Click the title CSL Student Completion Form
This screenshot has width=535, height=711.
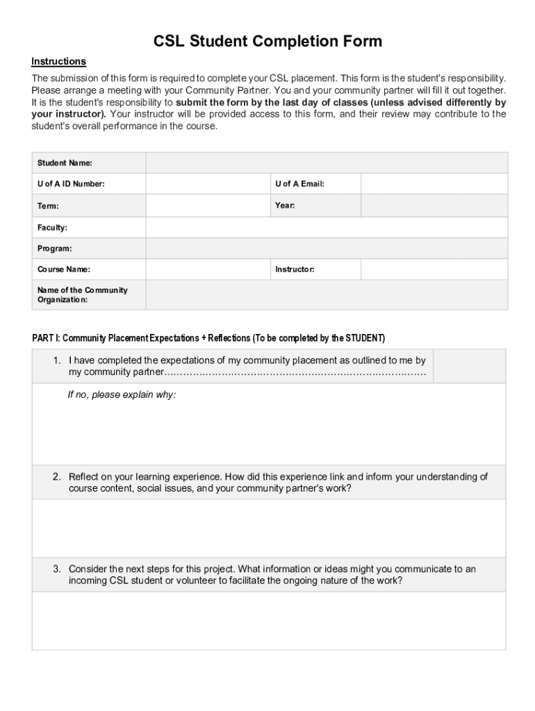click(x=267, y=42)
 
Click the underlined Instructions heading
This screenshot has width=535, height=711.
click(x=58, y=62)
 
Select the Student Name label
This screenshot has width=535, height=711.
click(x=65, y=163)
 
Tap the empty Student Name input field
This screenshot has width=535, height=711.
click(x=327, y=163)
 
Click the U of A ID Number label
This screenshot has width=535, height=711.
click(x=71, y=184)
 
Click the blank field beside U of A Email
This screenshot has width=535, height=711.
click(x=434, y=184)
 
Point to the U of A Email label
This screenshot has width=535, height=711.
click(x=299, y=184)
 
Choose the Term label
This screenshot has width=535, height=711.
click(x=48, y=206)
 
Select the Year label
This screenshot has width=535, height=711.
click(x=285, y=206)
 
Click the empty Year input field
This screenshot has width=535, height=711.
click(x=434, y=206)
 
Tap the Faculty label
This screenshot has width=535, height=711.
click(x=52, y=228)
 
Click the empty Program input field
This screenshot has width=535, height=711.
click(x=327, y=249)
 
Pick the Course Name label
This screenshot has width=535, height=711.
click(x=63, y=269)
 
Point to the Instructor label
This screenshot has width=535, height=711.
click(x=295, y=269)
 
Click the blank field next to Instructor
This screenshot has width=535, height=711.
click(x=434, y=269)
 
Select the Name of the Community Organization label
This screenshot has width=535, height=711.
click(x=82, y=295)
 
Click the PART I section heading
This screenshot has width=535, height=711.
click(x=208, y=338)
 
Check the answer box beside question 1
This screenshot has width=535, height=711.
click(x=470, y=366)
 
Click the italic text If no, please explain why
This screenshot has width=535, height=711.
click(x=122, y=394)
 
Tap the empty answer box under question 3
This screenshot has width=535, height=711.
click(x=269, y=620)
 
